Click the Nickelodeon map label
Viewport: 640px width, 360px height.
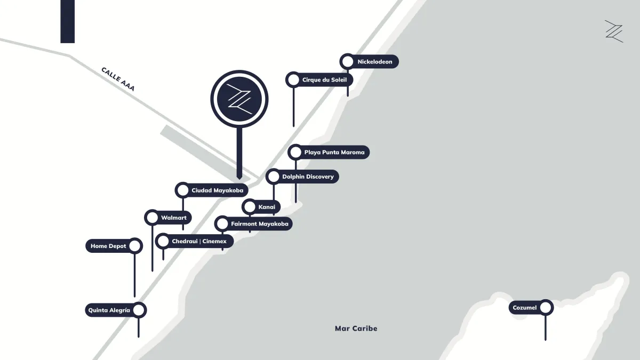(x=374, y=62)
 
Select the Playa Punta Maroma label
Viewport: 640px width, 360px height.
(x=334, y=153)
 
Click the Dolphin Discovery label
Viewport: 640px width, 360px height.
(x=308, y=177)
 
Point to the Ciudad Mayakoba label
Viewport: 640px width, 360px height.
(x=217, y=190)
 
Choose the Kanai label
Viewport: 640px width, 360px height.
(x=266, y=206)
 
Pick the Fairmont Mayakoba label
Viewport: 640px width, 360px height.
(x=259, y=224)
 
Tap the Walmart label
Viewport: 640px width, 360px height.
(x=173, y=218)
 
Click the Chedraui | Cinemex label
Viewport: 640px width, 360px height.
(x=199, y=242)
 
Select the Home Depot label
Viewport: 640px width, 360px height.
(x=108, y=246)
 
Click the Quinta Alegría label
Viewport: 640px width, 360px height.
(x=109, y=310)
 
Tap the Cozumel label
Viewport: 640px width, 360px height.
(x=525, y=308)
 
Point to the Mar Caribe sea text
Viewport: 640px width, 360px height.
(x=356, y=329)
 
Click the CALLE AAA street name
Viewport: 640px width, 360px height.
(x=118, y=79)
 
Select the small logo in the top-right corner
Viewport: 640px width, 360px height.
(x=613, y=31)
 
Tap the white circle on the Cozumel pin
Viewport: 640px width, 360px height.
(x=545, y=307)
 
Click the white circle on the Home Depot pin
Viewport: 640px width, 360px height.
(x=134, y=246)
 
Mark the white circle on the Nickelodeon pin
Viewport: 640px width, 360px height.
(x=348, y=62)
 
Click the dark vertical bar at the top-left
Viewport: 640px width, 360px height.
(x=68, y=21)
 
